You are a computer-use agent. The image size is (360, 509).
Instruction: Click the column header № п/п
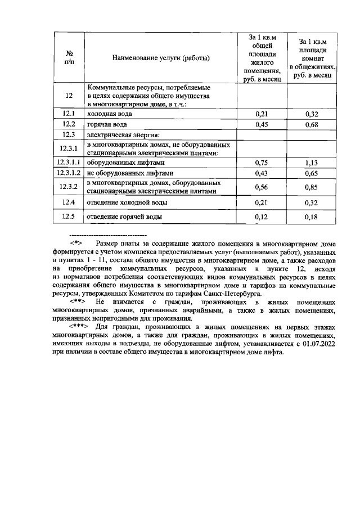[69, 57]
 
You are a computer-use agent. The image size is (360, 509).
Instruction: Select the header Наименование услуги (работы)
[161, 57]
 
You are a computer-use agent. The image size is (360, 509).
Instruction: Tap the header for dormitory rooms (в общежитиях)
[312, 57]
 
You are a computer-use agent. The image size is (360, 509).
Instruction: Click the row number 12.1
[69, 114]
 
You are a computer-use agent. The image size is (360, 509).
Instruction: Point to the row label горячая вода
[106, 124]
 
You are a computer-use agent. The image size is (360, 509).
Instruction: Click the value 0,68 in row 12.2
[312, 124]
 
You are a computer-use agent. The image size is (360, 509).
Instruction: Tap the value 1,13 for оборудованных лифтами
[312, 163]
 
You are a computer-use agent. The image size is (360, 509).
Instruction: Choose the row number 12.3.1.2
[69, 173]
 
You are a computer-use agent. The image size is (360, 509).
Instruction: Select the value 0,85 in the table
[312, 187]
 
